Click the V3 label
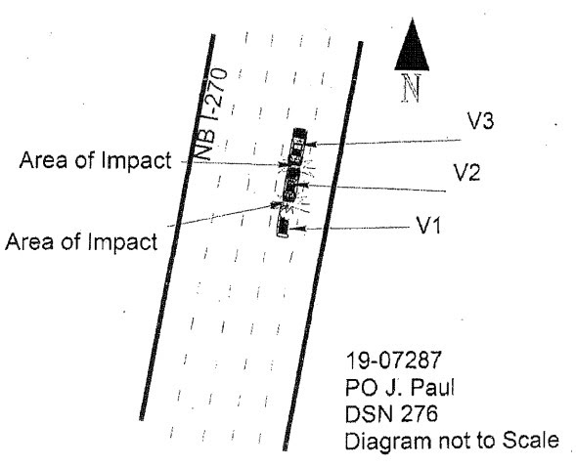(x=480, y=120)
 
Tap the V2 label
(x=466, y=172)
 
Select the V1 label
(x=428, y=225)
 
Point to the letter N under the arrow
(x=411, y=88)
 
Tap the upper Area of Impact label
(x=96, y=160)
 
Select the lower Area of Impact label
(x=81, y=241)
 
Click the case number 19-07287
(x=393, y=360)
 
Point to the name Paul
(x=432, y=387)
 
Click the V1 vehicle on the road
(x=283, y=227)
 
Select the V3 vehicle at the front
(x=298, y=146)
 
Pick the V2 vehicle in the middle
(x=291, y=186)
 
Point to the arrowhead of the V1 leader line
(x=299, y=229)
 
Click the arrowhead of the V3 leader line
(x=312, y=145)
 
